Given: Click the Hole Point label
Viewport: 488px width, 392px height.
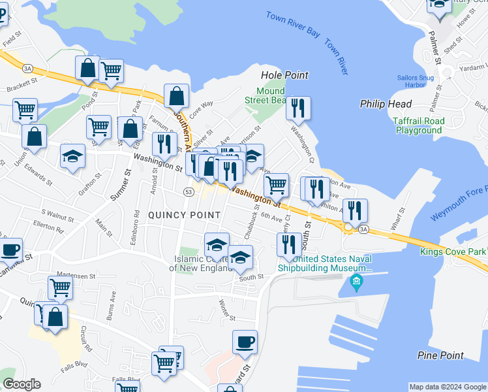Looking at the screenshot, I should coord(284,75).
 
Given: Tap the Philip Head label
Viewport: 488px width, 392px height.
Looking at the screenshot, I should coord(386,104).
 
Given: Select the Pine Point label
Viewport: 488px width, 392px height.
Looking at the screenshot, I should coord(440,355).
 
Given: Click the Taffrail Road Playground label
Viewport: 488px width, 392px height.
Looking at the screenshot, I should coord(418,125).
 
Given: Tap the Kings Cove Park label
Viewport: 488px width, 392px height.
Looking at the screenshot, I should coord(453,252).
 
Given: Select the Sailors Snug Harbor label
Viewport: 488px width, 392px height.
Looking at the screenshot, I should coord(416,81).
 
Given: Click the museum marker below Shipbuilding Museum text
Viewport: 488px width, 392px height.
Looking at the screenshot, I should coord(356,283).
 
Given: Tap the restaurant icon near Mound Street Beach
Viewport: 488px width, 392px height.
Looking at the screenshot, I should coord(298,108).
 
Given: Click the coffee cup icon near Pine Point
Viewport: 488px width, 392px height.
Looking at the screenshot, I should coord(245,342).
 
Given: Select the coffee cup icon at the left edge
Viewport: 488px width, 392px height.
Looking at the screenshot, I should coord(10,250).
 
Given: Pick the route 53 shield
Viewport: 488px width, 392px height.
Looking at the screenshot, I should coord(189,192).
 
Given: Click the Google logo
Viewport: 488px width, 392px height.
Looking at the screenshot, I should coord(22,384).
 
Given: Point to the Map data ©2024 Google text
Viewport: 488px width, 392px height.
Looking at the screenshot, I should coord(448,387).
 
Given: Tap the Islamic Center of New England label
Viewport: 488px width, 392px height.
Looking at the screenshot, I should coord(202,263).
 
